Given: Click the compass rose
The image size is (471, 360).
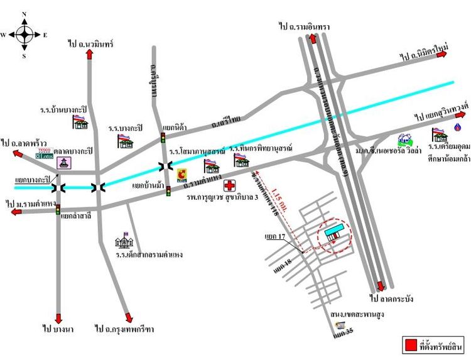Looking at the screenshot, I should click(x=24, y=35).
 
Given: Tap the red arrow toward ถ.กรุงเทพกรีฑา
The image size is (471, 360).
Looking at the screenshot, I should click(x=128, y=317).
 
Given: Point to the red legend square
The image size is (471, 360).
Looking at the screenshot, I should click(x=410, y=344).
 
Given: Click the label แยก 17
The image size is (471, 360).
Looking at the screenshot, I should click(x=274, y=237).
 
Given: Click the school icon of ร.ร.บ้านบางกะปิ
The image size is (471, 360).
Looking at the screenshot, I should click(x=80, y=121).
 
